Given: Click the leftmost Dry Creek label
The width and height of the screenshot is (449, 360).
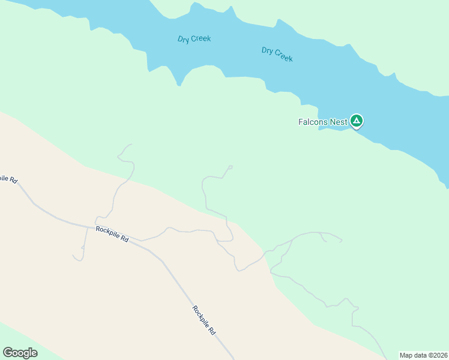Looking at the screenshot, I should (194, 39).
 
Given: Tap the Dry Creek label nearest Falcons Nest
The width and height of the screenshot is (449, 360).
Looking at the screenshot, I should (277, 54).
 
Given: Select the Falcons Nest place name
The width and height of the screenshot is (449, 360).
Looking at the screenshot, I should (323, 122).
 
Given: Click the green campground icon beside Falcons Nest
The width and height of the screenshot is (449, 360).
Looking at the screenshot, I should (357, 121).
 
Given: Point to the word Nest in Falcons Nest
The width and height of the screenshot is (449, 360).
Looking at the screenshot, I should (338, 122).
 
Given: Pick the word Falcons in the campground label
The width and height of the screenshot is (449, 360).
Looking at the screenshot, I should (313, 122).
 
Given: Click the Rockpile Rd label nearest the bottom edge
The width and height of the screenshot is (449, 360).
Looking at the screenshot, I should (204, 320).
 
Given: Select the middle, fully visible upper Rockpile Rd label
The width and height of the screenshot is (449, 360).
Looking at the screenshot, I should (112, 234).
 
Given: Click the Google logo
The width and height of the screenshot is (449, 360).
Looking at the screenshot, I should (20, 353).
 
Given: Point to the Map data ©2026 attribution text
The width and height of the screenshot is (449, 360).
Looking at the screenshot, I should (424, 355).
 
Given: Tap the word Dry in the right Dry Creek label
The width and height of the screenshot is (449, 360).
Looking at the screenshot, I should (268, 50).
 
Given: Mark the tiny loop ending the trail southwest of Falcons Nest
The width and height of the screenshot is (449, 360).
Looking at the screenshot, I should (231, 167).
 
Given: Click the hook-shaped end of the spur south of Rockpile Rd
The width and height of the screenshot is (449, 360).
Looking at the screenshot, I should (76, 258).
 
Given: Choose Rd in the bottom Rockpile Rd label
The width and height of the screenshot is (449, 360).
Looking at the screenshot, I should (212, 331).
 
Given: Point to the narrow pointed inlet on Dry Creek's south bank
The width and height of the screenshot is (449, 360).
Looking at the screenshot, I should (179, 83).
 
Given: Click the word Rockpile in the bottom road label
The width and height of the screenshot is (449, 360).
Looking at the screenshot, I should (200, 316).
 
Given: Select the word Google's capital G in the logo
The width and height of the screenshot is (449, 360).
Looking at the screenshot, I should (8, 353).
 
